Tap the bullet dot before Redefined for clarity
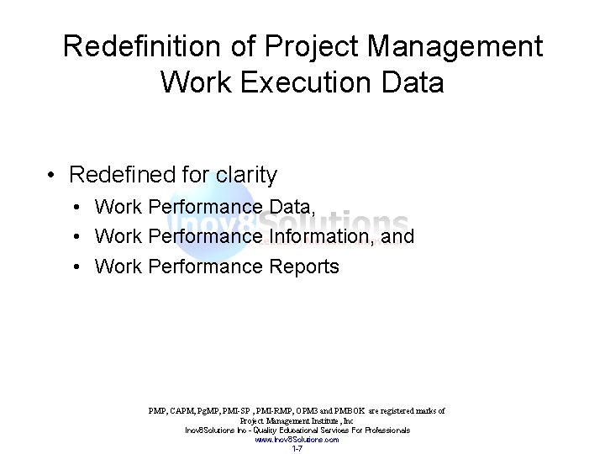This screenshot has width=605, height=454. point(52,176)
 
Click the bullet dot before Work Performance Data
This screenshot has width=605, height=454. point(76,207)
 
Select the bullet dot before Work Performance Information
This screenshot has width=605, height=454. point(76,237)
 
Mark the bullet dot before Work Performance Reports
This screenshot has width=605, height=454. point(76,267)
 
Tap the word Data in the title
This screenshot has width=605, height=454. point(412,82)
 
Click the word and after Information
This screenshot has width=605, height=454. point(397,237)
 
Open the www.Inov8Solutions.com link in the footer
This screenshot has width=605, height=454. point(297,439)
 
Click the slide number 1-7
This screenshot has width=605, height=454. point(297,448)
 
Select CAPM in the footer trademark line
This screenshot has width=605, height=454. point(184,411)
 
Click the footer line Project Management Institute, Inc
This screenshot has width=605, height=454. point(297,420)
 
